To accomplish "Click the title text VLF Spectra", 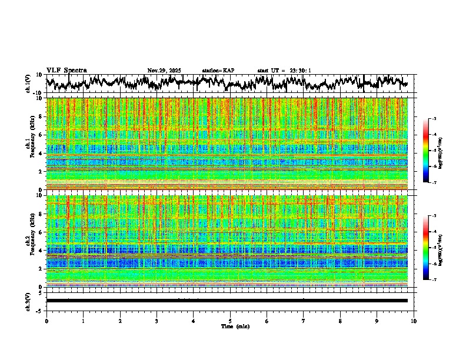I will point(66,70).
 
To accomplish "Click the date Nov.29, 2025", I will point(164,71).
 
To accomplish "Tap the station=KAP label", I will point(218,71).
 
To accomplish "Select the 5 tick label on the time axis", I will point(230,321).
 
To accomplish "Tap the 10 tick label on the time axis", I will point(414,321).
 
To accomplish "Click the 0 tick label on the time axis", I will point(46,321).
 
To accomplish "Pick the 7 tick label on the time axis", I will point(304,321).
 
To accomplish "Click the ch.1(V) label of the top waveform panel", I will point(28,84).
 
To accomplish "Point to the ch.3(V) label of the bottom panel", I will point(28,301).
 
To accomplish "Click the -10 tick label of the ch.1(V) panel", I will point(38,93).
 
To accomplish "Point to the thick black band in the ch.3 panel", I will point(230,301).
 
